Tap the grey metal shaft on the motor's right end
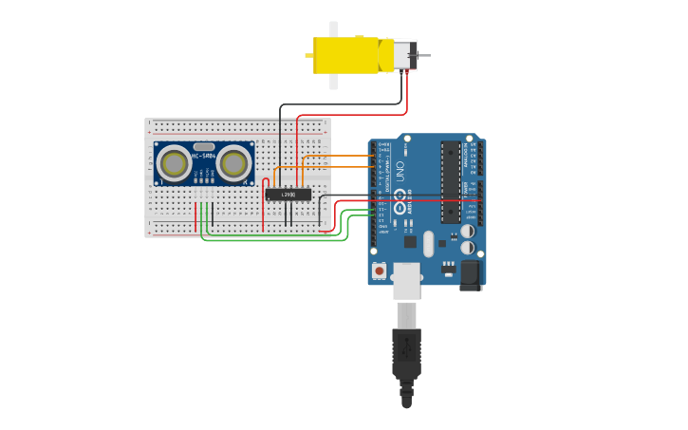click(x=423, y=55)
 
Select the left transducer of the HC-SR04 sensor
click(x=175, y=163)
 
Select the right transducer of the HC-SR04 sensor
click(x=232, y=163)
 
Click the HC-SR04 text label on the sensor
click(x=204, y=156)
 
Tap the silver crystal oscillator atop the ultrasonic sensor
click(x=204, y=146)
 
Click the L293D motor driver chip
click(x=288, y=195)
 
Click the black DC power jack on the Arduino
click(x=471, y=275)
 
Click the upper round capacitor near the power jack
click(x=467, y=231)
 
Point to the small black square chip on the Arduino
click(x=410, y=241)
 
